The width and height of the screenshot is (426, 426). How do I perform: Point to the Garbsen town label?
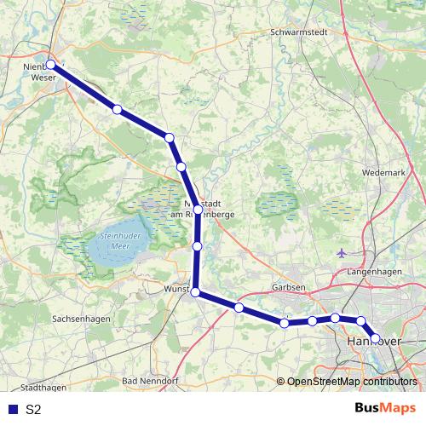click(x=289, y=287)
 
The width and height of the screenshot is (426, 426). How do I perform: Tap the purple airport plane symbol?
click(x=343, y=253)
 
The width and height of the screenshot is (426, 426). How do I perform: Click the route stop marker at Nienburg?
click(x=50, y=65)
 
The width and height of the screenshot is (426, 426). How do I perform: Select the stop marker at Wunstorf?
click(x=195, y=292)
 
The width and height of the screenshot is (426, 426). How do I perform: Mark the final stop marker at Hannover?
click(x=375, y=337)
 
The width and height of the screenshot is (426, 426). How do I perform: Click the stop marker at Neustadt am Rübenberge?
click(x=198, y=209)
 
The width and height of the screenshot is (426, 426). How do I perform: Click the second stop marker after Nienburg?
click(x=170, y=137)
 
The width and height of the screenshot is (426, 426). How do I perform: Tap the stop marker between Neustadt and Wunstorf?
click(x=197, y=246)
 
